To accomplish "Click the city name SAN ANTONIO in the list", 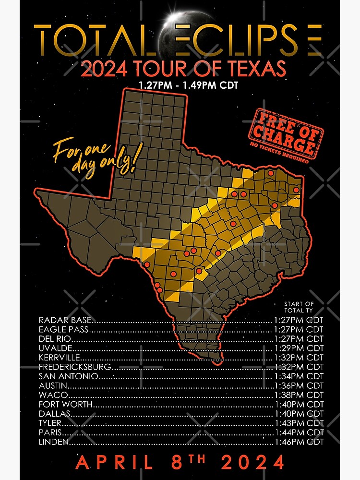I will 69,376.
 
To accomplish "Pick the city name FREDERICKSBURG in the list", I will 75,367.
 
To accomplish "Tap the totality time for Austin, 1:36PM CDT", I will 298,386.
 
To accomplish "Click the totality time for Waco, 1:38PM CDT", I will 298,395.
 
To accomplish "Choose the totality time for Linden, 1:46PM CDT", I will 298,442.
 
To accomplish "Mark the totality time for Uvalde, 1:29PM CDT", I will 298,348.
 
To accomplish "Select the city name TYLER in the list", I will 50,423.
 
